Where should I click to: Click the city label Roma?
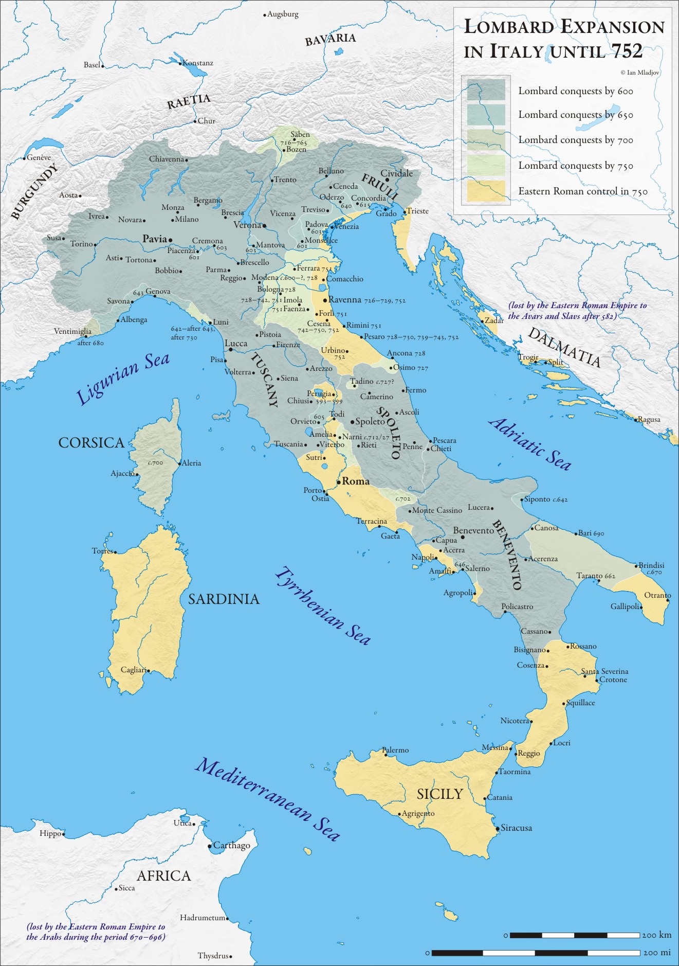356,481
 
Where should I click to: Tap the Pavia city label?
155,239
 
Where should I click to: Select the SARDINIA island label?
224,599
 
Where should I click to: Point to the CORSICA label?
91,442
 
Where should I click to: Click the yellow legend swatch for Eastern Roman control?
486,191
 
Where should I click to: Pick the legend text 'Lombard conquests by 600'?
575,91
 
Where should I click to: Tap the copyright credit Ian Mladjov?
640,73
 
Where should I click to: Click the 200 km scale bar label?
656,935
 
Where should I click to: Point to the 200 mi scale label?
657,953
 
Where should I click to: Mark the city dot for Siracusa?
498,829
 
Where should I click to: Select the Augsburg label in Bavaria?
283,14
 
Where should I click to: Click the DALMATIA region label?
564,348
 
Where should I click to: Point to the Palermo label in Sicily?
396,750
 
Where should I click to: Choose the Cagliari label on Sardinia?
134,669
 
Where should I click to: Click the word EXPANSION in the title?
612,27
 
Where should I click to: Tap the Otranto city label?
657,595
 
